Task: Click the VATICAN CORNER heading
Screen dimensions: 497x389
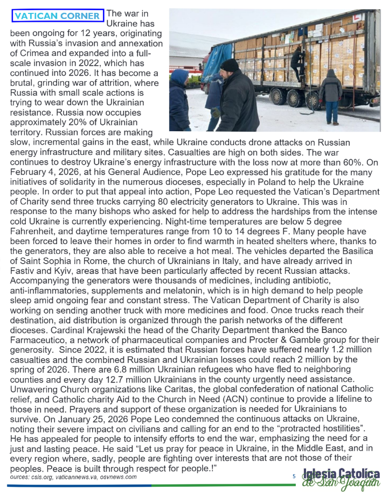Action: (x=57, y=16)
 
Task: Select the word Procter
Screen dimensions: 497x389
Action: (x=260, y=339)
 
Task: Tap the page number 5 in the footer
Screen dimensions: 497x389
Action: (x=294, y=475)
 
